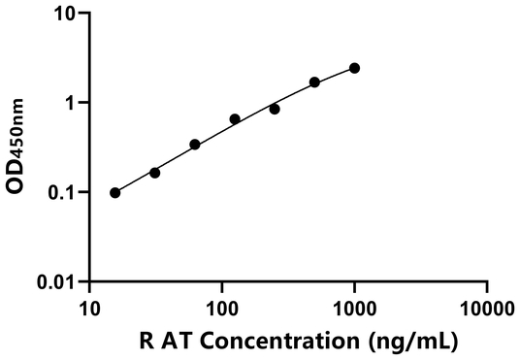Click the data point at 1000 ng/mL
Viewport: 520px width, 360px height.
tap(354, 68)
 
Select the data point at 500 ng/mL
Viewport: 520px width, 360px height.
tap(314, 82)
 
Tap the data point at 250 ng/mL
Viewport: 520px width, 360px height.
tap(275, 109)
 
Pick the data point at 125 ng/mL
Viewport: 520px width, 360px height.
tap(235, 119)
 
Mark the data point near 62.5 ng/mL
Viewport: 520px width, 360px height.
tap(195, 145)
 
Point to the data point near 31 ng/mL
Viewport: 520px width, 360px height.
tap(155, 173)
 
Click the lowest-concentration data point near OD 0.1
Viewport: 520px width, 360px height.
tap(115, 192)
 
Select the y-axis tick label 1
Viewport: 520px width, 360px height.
tap(71, 103)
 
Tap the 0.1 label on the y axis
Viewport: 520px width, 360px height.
tap(63, 192)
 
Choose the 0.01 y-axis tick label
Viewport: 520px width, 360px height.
tap(58, 281)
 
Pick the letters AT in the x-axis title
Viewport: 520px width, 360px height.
tap(183, 342)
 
